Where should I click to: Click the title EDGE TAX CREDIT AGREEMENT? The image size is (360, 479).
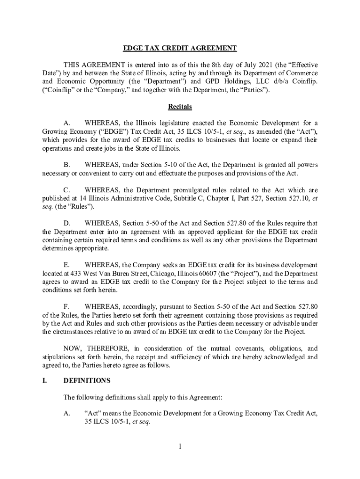coord(180,48)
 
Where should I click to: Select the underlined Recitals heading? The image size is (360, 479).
coord(180,107)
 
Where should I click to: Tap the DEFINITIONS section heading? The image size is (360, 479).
coord(86,380)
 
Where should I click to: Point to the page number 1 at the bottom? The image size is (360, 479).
coord(180,447)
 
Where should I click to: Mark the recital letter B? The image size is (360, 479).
coord(67,165)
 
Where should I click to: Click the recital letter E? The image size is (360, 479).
coord(66,265)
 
